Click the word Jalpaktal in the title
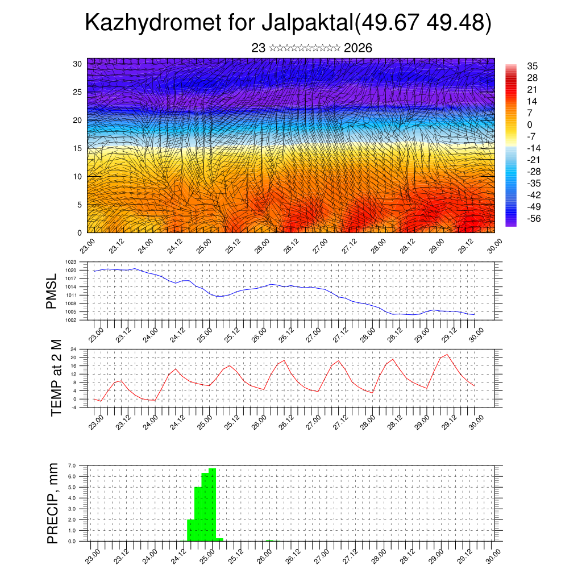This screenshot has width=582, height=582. (x=307, y=23)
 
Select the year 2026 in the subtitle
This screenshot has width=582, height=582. (x=358, y=48)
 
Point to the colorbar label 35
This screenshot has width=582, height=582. (x=533, y=66)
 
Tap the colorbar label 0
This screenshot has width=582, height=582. (x=530, y=124)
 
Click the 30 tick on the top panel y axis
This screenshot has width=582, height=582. (x=78, y=64)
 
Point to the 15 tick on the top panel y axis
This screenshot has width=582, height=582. (x=78, y=148)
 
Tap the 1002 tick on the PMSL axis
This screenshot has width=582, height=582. (x=71, y=320)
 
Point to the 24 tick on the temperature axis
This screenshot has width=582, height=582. (x=73, y=349)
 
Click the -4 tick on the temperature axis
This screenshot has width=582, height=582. (x=73, y=408)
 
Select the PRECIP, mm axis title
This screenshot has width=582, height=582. (x=53, y=504)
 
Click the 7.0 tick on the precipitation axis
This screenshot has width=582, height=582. (x=72, y=465)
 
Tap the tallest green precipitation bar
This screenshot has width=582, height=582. (x=212, y=504)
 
